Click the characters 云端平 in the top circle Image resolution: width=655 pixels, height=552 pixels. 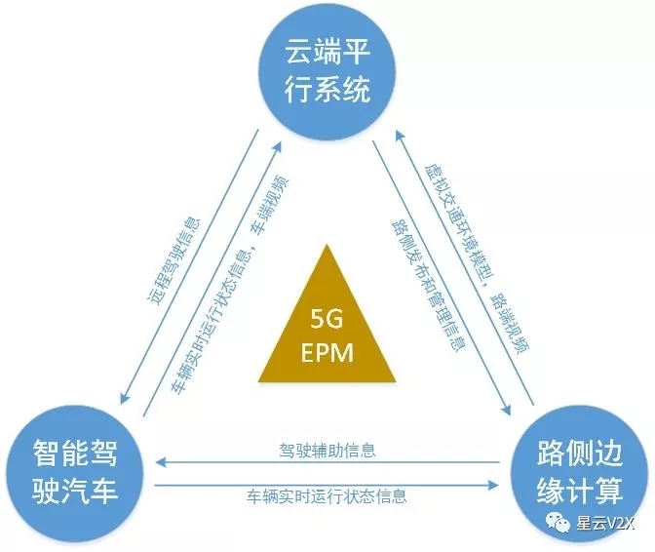[x=327, y=51]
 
